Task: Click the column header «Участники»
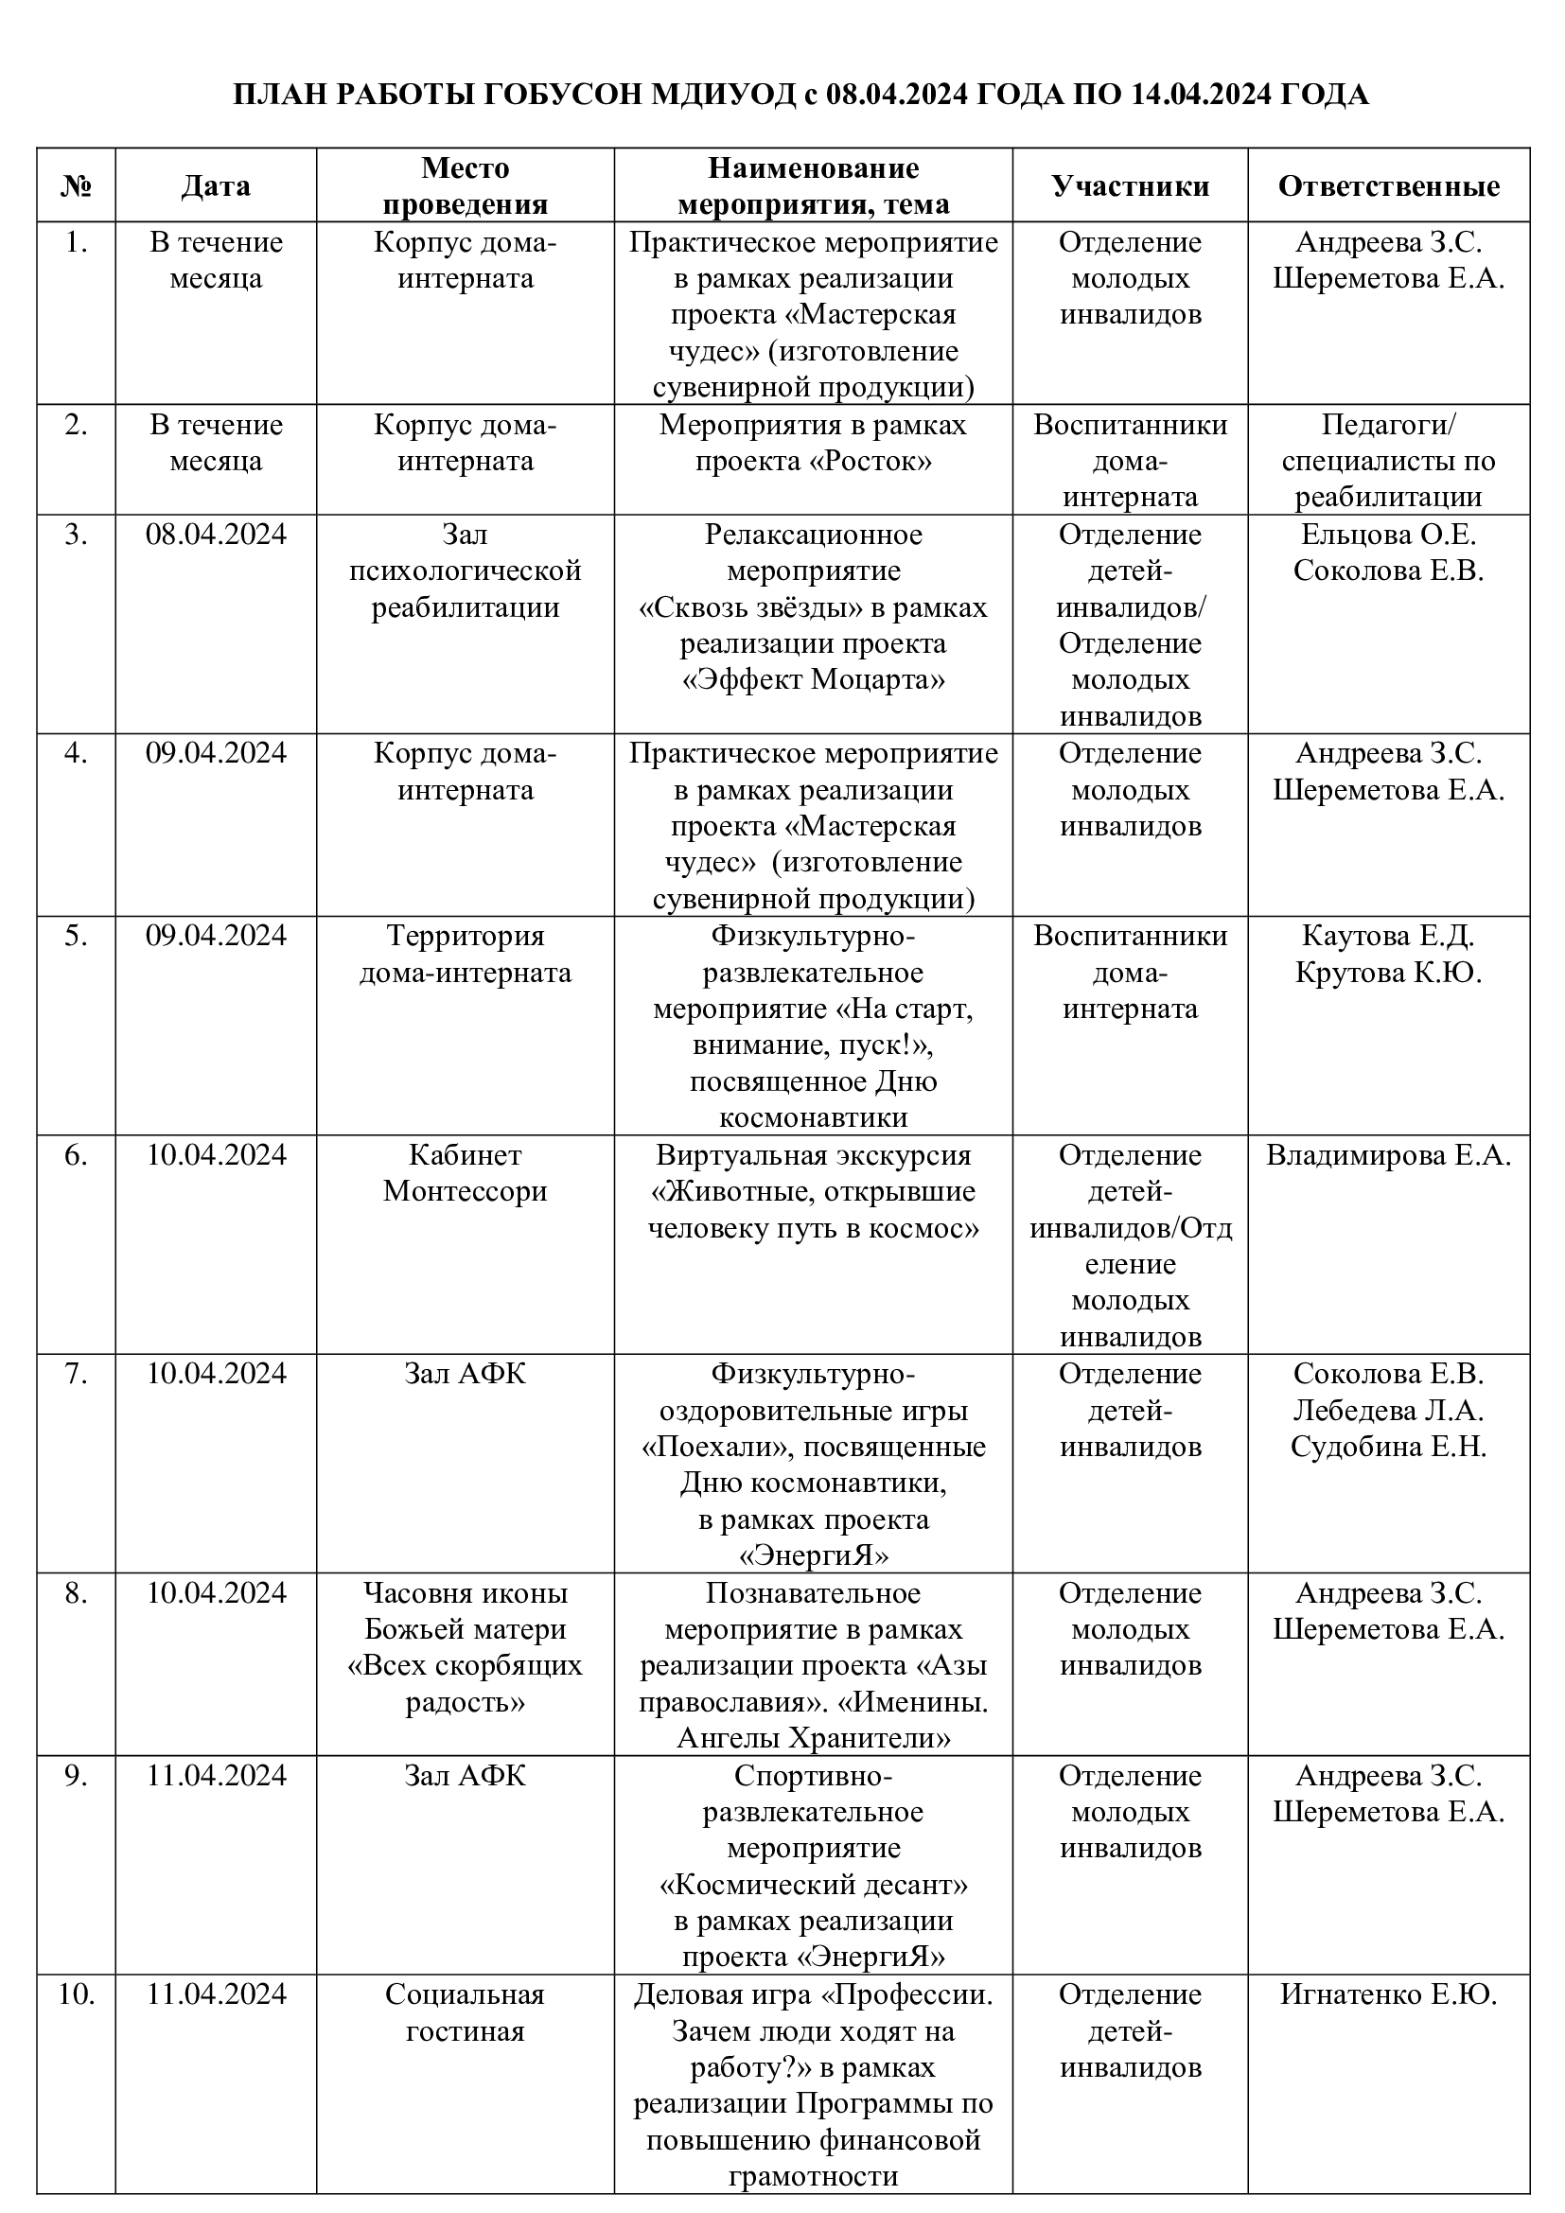pyautogui.click(x=1130, y=186)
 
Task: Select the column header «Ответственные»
pyautogui.click(x=1388, y=186)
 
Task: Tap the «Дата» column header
pyautogui.click(x=216, y=186)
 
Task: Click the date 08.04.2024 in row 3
pyautogui.click(x=216, y=534)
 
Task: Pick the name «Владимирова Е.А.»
pyautogui.click(x=1388, y=1154)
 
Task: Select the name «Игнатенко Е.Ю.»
pyautogui.click(x=1388, y=1994)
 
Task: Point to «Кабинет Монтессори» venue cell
pyautogui.click(x=466, y=1173)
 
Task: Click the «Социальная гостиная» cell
pyautogui.click(x=466, y=2012)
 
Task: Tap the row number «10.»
pyautogui.click(x=77, y=1994)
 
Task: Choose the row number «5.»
pyautogui.click(x=77, y=936)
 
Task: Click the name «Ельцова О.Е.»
pyautogui.click(x=1388, y=534)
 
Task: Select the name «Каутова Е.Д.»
pyautogui.click(x=1388, y=936)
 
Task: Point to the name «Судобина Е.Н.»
pyautogui.click(x=1388, y=1447)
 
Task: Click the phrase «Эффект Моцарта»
pyautogui.click(x=814, y=680)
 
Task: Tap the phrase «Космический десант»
pyautogui.click(x=814, y=1884)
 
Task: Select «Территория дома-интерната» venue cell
pyautogui.click(x=466, y=955)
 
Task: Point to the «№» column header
pyautogui.click(x=77, y=186)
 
